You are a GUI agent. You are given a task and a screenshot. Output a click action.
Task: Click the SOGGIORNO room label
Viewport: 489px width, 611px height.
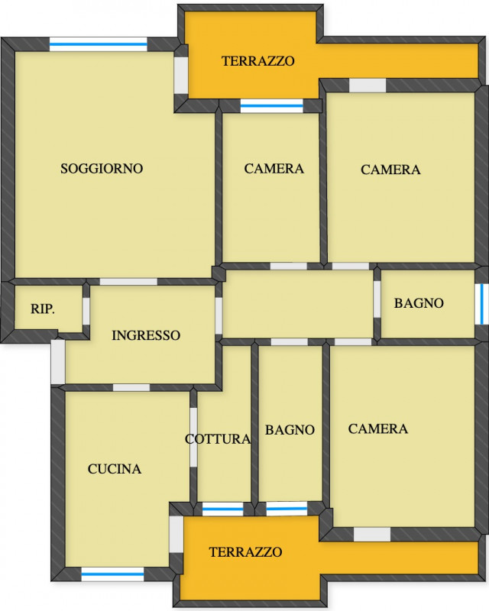coord(102,168)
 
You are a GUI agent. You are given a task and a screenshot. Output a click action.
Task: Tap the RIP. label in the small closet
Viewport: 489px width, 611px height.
coord(43,309)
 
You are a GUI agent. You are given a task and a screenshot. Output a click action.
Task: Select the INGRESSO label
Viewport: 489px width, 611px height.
coord(146,335)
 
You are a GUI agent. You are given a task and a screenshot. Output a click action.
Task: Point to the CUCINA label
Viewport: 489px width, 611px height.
coord(115,469)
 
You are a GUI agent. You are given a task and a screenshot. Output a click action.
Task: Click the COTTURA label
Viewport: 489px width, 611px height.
coord(218,439)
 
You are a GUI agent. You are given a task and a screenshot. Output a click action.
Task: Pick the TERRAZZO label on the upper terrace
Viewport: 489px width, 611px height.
coord(257,61)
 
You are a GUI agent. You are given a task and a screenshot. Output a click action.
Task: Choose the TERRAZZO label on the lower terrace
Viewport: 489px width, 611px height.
coord(245,551)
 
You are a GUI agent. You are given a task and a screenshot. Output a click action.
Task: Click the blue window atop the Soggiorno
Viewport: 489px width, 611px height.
coord(99,44)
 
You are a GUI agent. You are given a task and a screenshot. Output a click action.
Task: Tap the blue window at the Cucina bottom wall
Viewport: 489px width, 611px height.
coord(112,574)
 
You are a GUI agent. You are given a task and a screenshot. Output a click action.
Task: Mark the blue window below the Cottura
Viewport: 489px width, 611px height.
coord(222,509)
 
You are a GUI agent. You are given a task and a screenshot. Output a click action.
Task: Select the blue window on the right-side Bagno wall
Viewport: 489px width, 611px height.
coord(481,304)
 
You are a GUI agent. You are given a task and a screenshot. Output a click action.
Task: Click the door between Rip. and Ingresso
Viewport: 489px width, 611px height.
coord(86,311)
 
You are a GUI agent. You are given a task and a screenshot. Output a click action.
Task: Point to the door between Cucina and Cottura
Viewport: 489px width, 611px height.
coord(193,437)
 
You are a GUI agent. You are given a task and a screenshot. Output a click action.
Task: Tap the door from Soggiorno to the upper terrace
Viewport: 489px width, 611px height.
coord(181,75)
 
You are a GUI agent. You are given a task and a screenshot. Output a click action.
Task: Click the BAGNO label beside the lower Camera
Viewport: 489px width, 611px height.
coord(290,430)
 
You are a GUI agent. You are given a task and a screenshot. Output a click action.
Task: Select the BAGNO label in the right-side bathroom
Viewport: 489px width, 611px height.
coord(419,303)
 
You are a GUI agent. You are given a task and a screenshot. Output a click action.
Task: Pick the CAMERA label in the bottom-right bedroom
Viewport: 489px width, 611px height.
coord(378,428)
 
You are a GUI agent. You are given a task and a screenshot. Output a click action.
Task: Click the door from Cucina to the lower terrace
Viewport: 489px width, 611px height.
coord(176,534)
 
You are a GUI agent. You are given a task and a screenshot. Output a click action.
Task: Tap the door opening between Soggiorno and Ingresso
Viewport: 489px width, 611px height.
coord(128,282)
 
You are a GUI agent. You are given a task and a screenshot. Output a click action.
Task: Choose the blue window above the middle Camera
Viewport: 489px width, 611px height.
coord(271,106)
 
